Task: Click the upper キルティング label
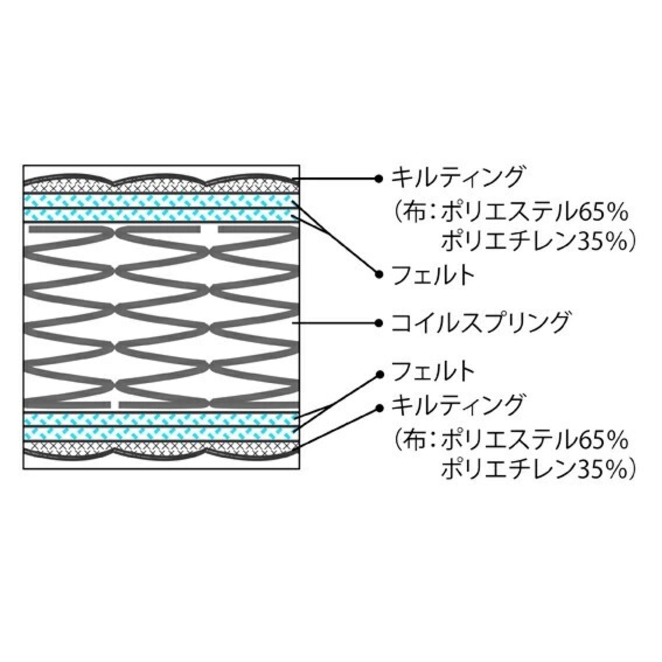coord(458,178)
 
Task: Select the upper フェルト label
coord(433,275)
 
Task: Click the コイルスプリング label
coord(480,323)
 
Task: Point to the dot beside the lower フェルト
coord(379,373)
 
